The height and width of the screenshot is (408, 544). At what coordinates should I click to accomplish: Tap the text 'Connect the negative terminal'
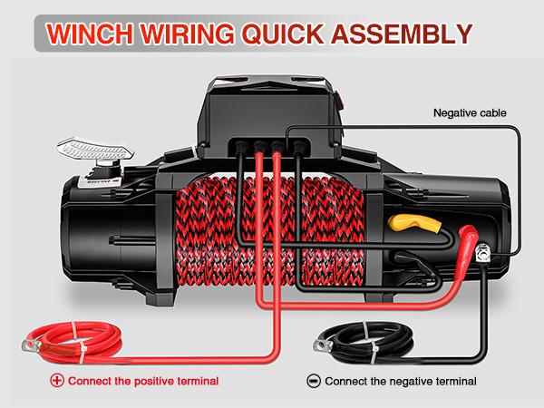click(400, 380)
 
